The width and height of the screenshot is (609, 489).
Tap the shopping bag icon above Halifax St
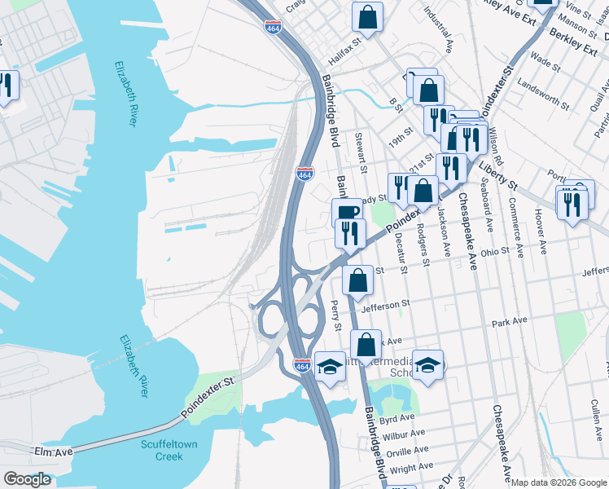[368, 17]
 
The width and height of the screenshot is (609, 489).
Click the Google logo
[27, 479]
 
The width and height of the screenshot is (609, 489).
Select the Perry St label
[336, 315]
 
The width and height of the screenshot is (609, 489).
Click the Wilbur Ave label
[407, 434]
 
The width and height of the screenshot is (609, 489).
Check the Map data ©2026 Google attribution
[559, 482]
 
